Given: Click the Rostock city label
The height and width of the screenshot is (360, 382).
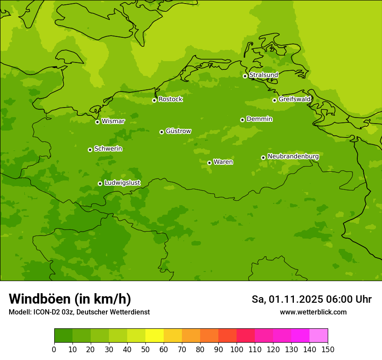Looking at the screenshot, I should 170,99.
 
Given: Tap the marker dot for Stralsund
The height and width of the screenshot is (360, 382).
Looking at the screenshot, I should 245,76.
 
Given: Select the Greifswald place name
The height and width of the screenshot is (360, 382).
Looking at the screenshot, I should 294,99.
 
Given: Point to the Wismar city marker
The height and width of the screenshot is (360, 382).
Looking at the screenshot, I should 98,122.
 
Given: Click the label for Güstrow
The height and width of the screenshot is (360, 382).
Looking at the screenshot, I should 178,131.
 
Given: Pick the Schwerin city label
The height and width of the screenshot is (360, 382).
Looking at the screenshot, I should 108,149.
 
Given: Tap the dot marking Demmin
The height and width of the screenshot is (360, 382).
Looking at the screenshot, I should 242,120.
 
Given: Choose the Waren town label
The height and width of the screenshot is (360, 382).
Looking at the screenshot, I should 223,162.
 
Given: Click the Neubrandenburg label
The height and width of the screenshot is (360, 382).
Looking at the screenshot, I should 293,156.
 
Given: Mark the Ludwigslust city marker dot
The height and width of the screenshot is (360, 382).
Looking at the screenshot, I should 100,183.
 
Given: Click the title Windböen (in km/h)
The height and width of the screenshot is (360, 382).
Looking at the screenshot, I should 70,299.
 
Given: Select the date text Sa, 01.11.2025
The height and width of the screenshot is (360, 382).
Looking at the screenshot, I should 287,299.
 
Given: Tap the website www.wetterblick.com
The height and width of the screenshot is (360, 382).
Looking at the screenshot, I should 313,312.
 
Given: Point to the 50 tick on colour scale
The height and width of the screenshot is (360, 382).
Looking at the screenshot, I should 145,350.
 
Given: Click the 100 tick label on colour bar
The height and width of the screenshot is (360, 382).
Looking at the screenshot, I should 237,350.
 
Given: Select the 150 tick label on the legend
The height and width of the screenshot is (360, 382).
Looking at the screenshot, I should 328,350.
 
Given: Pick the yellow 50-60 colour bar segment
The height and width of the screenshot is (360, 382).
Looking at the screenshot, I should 155,336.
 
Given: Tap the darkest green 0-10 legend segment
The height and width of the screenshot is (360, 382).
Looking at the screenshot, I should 63,336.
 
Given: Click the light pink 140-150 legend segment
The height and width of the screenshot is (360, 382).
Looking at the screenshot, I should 319,336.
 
